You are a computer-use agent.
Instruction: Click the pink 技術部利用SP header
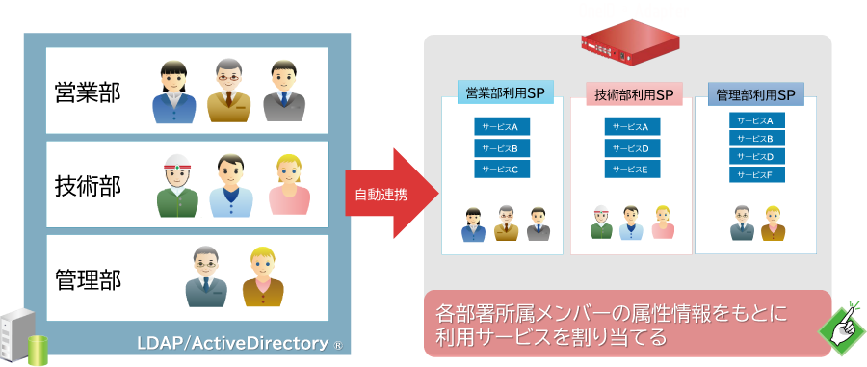coord(633,94)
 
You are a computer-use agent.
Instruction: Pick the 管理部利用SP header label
coord(755,94)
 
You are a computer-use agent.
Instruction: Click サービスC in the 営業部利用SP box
coord(500,170)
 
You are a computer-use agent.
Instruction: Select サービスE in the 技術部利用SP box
coord(632,170)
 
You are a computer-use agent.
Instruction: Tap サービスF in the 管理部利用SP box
coord(755,174)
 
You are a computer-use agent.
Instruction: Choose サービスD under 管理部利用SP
coord(755,156)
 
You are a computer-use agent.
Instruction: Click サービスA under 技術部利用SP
coord(632,126)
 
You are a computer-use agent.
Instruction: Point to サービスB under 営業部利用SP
coord(500,148)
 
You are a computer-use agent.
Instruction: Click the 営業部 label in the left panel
coord(88,92)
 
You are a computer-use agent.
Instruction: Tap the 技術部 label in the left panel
coord(88,186)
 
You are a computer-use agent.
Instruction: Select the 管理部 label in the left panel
coord(88,280)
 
